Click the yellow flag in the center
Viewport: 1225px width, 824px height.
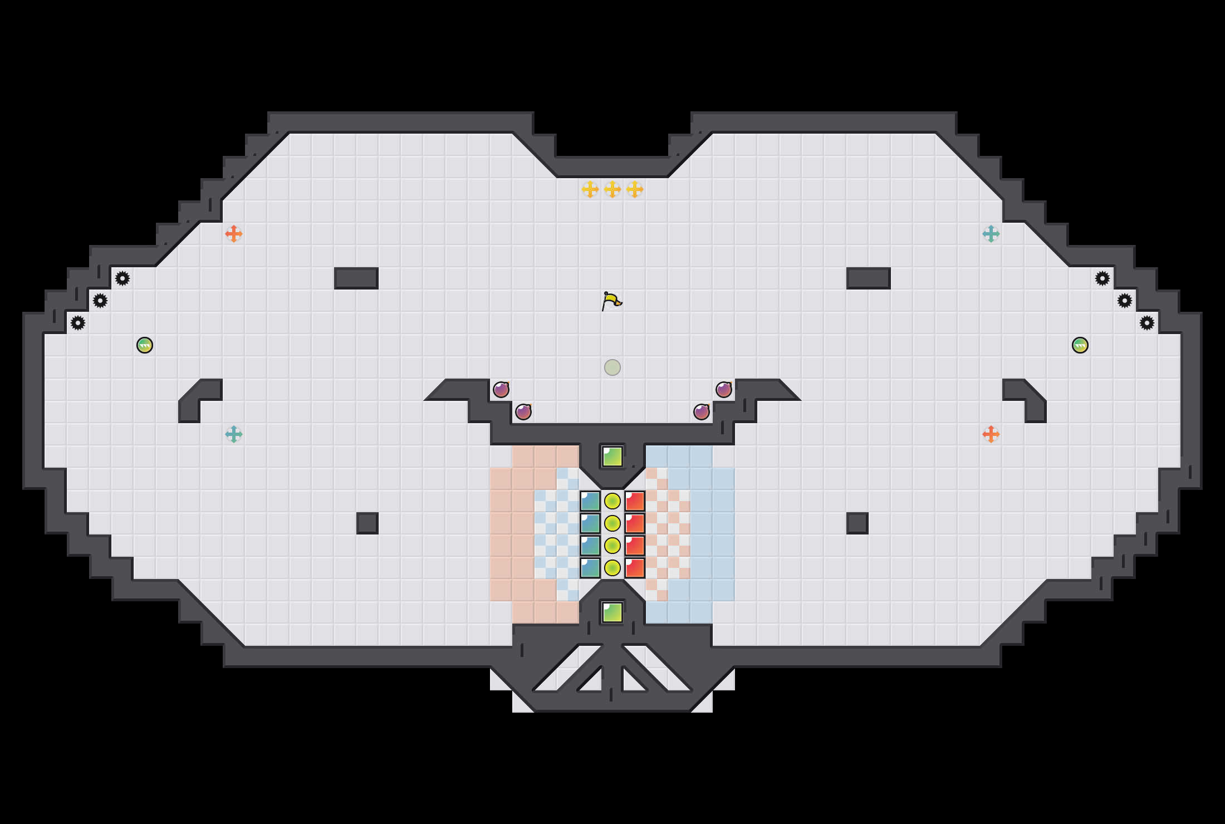(611, 301)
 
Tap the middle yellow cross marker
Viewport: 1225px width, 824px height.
(612, 189)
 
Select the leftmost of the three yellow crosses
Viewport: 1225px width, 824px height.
(590, 189)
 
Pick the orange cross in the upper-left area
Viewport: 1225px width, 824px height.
(234, 234)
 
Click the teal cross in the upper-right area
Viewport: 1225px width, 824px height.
(991, 234)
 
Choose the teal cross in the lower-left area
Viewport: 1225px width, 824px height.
(234, 434)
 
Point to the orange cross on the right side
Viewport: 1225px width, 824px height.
(991, 434)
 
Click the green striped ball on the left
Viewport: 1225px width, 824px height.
(145, 345)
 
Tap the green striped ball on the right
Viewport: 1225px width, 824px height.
(1080, 345)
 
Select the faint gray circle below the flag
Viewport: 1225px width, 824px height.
(612, 367)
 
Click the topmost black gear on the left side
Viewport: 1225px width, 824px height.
(122, 278)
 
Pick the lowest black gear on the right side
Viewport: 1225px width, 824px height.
(1147, 323)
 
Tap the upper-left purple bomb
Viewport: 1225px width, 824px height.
(501, 390)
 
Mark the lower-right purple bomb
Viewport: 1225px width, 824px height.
(702, 412)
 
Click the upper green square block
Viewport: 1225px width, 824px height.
(612, 457)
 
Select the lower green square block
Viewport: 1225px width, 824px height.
(612, 612)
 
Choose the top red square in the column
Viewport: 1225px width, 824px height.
(635, 501)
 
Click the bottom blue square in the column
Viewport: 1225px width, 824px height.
(590, 568)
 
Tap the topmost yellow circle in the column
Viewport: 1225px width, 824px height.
(612, 501)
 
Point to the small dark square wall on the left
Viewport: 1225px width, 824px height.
(367, 523)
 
